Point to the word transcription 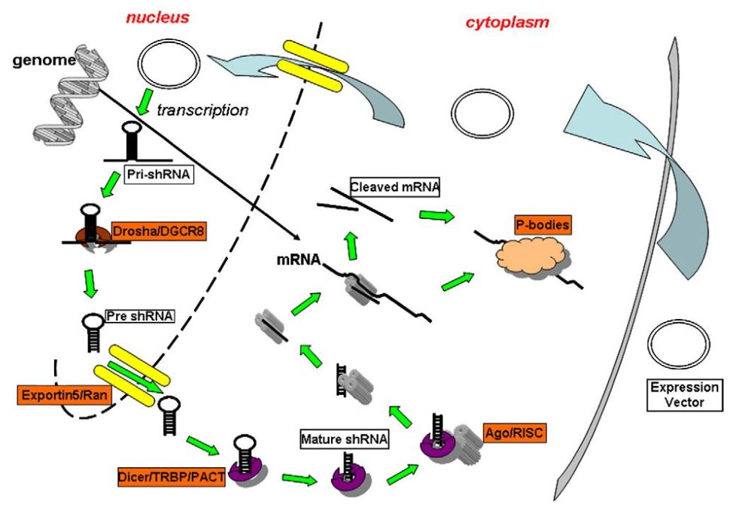(202, 110)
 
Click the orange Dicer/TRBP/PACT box (172, 475)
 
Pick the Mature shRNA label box (343, 438)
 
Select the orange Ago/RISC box (514, 433)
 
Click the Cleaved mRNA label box (394, 187)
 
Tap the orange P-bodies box (542, 224)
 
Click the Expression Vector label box (684, 395)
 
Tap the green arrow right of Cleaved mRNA (436, 216)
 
